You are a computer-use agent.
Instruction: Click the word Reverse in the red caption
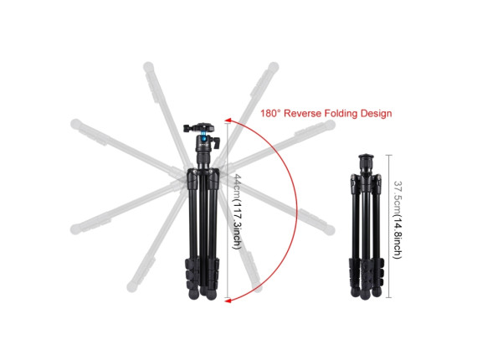pos(302,114)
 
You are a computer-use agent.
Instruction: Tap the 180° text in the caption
pos(270,114)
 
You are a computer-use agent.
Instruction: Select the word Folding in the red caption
pos(341,114)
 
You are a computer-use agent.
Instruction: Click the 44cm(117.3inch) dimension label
pos(237,212)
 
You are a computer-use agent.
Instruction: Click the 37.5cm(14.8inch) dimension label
pos(397,220)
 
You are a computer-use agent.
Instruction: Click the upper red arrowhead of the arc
pos(228,121)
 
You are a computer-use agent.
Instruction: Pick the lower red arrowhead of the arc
pos(228,301)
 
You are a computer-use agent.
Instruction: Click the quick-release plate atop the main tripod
pos(199,127)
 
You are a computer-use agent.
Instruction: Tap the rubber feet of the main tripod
pos(203,294)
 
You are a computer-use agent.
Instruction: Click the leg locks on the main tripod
pos(202,272)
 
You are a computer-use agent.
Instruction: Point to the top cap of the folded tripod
pos(367,157)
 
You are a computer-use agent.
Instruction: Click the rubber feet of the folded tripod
pos(366,293)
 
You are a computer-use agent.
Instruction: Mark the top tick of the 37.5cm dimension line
pos(389,155)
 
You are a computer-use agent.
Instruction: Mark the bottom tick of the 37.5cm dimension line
pos(389,297)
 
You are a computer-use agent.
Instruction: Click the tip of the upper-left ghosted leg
pos(148,66)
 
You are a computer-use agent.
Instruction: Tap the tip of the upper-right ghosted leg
pos(274,66)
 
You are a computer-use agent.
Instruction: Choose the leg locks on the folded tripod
pos(367,272)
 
